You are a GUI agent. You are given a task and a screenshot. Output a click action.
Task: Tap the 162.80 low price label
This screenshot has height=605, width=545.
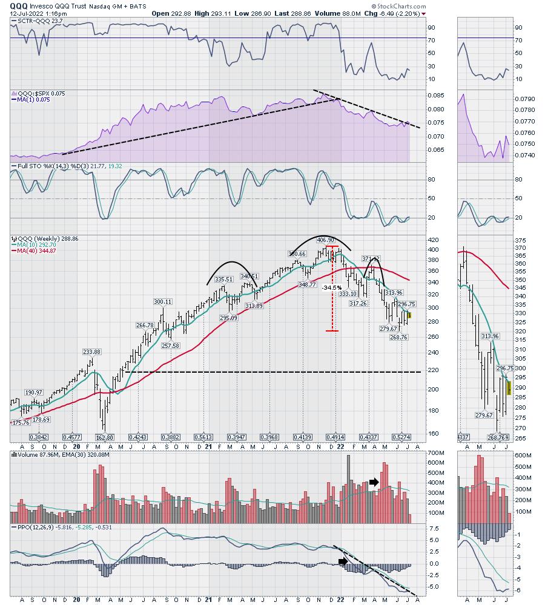[105, 437]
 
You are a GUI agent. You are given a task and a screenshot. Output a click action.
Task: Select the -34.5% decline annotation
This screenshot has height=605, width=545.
[331, 287]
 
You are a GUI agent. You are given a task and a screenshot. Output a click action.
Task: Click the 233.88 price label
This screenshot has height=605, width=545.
[91, 352]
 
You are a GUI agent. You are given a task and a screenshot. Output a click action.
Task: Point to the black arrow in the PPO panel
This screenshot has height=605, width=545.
[343, 561]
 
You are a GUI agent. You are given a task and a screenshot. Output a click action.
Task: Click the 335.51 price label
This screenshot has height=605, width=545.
[223, 280]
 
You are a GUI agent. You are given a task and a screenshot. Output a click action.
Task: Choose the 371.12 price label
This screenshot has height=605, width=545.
[371, 259]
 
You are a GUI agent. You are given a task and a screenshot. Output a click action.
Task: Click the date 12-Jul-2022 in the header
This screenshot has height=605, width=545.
[27, 13]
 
